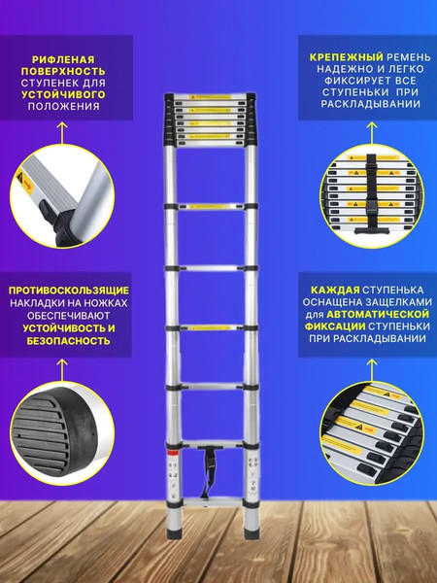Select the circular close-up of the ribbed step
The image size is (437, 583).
66,190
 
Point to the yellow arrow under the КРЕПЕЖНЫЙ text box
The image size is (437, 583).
371,127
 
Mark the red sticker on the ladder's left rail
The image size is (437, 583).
170,454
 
